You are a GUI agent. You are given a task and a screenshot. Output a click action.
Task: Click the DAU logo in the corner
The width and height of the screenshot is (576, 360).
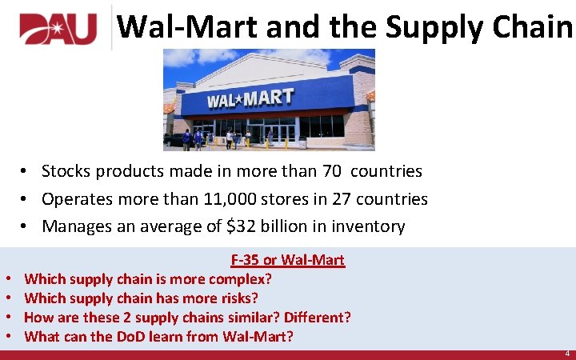pos(58,29)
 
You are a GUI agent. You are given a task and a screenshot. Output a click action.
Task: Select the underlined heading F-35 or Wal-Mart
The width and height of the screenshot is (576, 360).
pos(287,260)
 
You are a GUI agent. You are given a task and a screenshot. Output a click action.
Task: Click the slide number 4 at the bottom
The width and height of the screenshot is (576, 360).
pos(567,353)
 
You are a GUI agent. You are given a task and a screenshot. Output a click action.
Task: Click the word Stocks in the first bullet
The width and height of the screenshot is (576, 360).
pos(66,171)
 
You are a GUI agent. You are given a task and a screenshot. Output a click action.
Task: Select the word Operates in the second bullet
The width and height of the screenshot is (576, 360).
pos(76,199)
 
